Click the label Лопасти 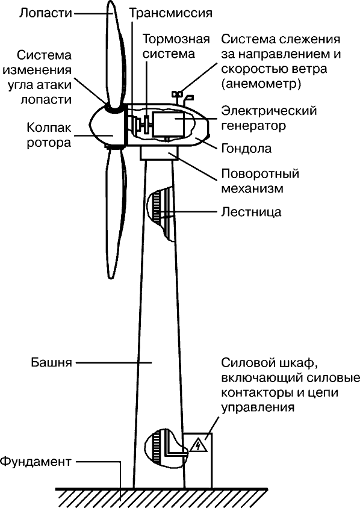coord(45,13)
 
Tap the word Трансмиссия coord(171,13)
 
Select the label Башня coord(52,362)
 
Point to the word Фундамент coord(36,461)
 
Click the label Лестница coord(252,212)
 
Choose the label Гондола coord(247,149)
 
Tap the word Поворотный coord(260,174)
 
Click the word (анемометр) coord(261,84)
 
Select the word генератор coord(253,125)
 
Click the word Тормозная coord(176,40)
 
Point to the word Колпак coord(49,128)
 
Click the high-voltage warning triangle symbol coord(197,445)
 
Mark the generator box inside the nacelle coord(169,124)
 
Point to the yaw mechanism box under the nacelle coord(160,153)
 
